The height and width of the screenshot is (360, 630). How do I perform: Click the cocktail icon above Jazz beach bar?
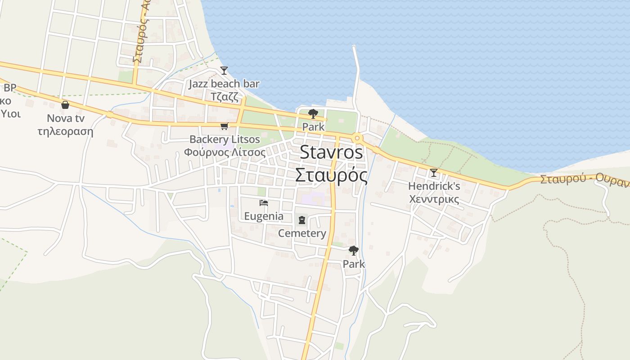224,70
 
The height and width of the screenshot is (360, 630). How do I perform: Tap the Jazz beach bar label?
224,84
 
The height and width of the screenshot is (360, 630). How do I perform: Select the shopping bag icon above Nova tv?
65,105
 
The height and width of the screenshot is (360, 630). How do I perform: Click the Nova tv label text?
66,118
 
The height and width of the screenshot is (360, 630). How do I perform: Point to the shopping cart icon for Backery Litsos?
224,126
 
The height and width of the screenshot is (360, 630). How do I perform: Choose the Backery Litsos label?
225,139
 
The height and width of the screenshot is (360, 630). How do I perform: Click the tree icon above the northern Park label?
313,114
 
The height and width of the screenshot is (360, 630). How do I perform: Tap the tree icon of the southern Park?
354,250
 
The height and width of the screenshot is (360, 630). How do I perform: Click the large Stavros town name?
331,153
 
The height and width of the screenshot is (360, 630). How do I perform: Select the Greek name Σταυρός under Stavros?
331,175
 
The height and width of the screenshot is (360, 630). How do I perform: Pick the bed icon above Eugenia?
264,203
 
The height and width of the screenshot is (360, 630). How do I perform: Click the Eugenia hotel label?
264,216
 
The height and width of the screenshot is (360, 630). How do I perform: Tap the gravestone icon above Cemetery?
301,220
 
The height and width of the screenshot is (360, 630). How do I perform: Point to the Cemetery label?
302,233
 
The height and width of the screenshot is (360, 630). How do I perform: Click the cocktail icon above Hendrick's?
434,172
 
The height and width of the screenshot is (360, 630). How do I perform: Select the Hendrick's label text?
434,186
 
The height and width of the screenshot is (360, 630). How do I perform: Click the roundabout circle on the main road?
357,138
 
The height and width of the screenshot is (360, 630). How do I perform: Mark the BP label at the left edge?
10,88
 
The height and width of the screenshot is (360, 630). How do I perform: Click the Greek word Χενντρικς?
434,199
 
